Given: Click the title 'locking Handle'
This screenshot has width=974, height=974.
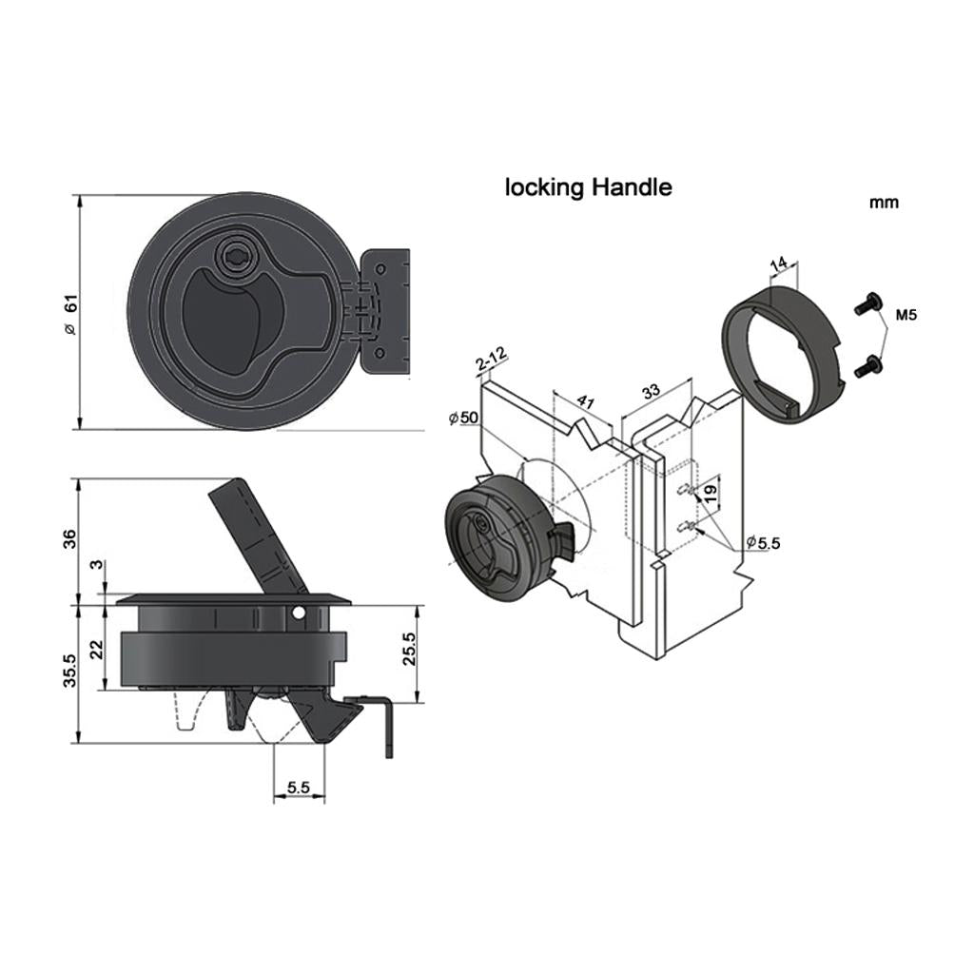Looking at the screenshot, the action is pos(588,187).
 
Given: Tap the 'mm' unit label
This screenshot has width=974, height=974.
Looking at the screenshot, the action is pos(884,203).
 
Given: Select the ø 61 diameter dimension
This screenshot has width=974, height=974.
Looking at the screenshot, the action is pos(70,314).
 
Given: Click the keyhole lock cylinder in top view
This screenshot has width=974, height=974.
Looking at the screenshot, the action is pos(237,255).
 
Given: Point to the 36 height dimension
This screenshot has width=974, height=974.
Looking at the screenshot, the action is pos(69,538).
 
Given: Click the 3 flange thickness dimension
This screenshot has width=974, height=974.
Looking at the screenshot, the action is pos(96,565).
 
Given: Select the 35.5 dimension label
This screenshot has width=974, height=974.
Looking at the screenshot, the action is pos(69,671).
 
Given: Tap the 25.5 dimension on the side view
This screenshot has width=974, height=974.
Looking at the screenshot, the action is pos(408,649).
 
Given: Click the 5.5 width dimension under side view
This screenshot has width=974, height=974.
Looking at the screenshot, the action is pos(298,788).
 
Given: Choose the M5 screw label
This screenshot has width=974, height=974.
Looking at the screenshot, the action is pos(906,315).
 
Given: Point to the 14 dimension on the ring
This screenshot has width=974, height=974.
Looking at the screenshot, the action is pos(779,263).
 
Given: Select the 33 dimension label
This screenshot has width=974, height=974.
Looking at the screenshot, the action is pos(651,392).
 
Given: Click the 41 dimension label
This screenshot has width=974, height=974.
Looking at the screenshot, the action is pos(586,400).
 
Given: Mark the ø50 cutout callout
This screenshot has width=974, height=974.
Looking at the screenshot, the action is pos(464,418).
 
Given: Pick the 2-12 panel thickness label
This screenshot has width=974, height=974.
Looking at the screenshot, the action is pos(492,360).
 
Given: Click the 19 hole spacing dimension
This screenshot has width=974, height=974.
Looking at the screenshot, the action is pos(711,494).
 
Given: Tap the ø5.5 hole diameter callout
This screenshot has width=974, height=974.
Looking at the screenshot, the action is pos(763,542).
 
